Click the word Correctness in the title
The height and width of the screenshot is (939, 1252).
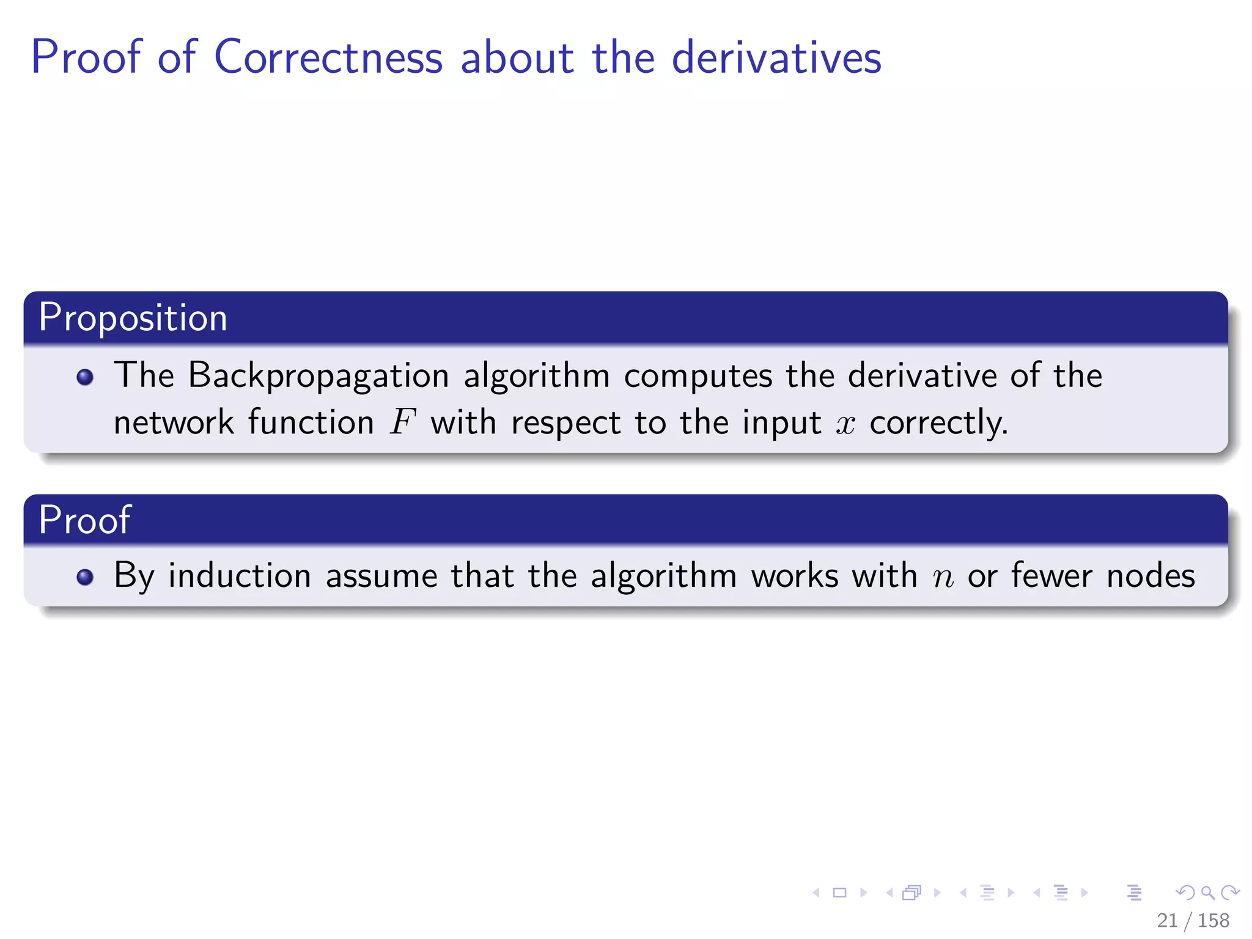coord(328,57)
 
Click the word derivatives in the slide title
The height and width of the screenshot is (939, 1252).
coord(776,57)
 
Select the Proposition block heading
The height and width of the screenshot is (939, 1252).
coord(133,318)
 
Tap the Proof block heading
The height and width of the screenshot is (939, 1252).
coord(84,520)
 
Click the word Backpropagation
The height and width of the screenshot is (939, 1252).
coord(318,375)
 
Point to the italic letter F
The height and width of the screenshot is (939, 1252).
coord(402,422)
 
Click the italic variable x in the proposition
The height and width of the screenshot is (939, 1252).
coord(845,424)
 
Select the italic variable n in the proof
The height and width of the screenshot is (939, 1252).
coord(943,577)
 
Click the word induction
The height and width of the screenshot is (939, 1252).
coord(240,576)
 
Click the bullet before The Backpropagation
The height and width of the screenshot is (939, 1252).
coord(85,377)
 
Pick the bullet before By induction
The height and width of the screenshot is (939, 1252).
coord(85,577)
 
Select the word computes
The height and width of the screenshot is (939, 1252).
coord(698,375)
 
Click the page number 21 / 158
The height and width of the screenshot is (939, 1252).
coord(1193,920)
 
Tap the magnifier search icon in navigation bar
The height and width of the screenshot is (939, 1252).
coord(1207,893)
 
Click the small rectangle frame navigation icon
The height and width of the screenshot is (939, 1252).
coord(839,893)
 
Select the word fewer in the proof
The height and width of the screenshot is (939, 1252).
coord(1051,576)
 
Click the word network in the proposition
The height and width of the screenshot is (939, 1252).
coord(174,422)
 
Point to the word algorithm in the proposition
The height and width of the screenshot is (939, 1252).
coord(536,375)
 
